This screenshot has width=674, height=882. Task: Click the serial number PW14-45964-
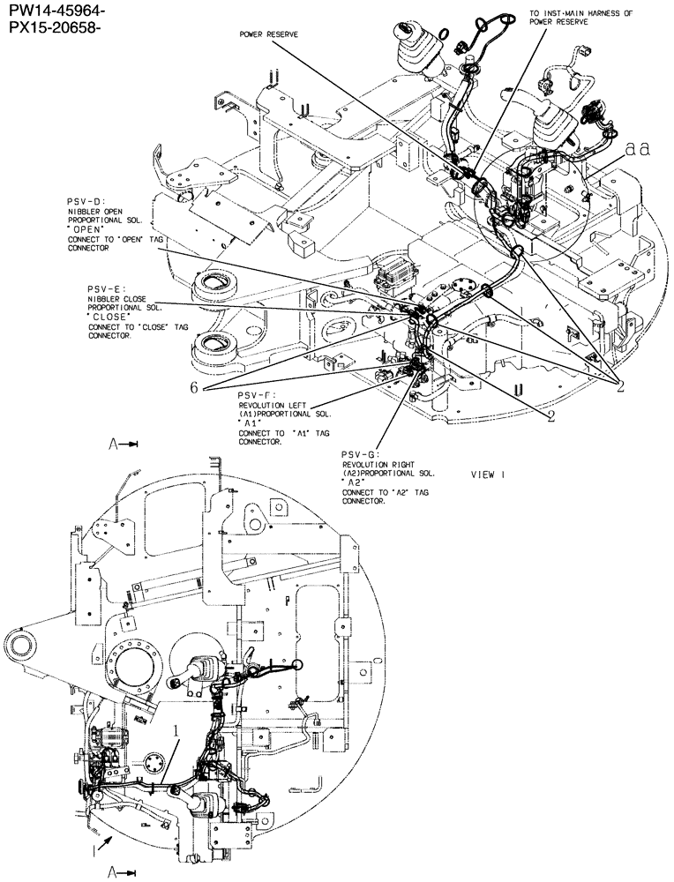[55, 11]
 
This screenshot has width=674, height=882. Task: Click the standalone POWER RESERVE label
[269, 34]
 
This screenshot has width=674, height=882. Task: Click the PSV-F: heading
[258, 394]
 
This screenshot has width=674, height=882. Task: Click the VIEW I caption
[488, 474]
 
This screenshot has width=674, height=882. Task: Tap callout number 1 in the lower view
[177, 731]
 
